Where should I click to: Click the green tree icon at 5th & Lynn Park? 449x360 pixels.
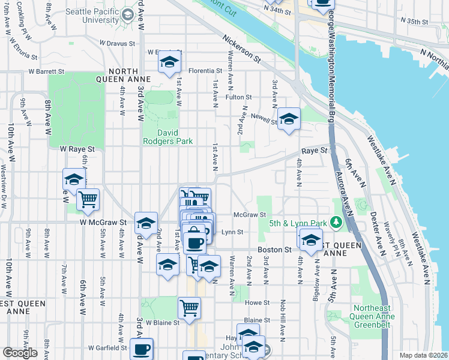tap(337, 223)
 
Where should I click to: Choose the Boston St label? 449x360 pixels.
tap(274, 249)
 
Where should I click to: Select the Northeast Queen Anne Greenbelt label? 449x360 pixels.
tap(370, 319)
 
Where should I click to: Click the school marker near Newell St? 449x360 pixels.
tap(289, 119)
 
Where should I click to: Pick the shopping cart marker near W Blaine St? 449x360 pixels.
tap(189, 308)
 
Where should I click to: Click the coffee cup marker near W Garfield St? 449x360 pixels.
tap(142, 349)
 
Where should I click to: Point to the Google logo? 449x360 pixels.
tap(20, 353)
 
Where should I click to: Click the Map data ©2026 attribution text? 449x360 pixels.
tap(423, 355)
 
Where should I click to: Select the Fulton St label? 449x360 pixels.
tap(238, 97)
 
